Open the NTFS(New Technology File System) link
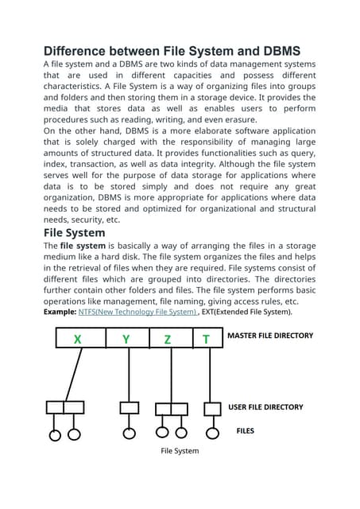pos(137,313)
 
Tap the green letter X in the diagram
pos(77,339)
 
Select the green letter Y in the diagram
pos(126,339)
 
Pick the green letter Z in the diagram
pos(168,339)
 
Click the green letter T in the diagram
pos(206,339)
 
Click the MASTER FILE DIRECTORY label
pos(270,336)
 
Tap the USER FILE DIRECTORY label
pos(265,406)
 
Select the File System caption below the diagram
pos(180,451)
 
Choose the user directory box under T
pos(212,408)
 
